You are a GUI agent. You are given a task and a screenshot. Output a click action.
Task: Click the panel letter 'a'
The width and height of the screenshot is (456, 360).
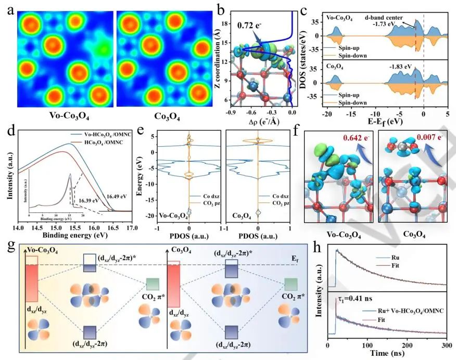(8, 11)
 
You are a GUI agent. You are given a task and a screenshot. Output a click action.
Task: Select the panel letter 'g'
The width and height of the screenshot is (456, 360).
(9, 245)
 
